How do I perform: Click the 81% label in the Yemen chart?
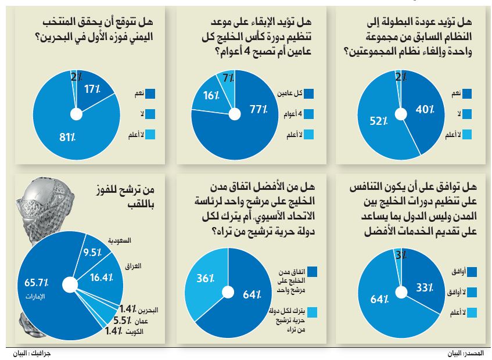68,138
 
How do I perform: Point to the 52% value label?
379,121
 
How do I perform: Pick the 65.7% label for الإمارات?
35,283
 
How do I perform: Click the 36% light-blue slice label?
203,279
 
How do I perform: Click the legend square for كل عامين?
308,93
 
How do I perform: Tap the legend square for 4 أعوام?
308,114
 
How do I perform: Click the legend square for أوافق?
471,272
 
